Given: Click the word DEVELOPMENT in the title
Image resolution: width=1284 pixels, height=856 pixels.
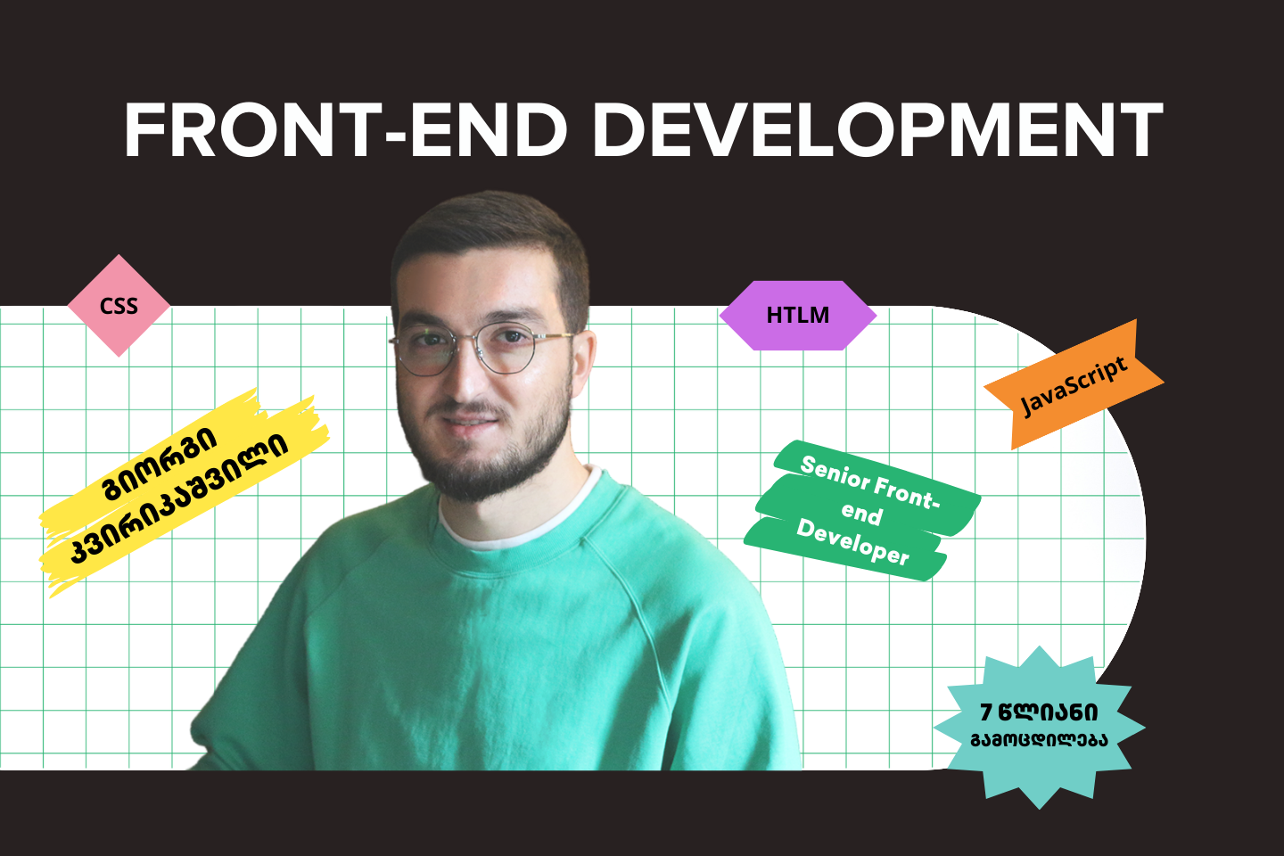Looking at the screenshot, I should pyautogui.click(x=877, y=131).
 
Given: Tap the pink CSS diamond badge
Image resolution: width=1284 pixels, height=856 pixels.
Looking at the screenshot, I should pyautogui.click(x=119, y=306).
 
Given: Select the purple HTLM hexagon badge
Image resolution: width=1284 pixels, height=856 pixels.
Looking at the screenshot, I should pyautogui.click(x=797, y=315).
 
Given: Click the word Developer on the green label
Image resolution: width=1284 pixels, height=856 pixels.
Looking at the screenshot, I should pyautogui.click(x=852, y=542).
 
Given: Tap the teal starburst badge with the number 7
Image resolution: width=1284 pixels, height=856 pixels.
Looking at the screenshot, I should pyautogui.click(x=1039, y=726).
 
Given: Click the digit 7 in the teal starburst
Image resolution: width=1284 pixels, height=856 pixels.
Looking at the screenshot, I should pyautogui.click(x=986, y=712).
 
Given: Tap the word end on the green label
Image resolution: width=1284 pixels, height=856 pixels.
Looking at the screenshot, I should pyautogui.click(x=861, y=513).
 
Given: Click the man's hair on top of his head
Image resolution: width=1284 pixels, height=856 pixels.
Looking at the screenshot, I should pyautogui.click(x=490, y=223).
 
